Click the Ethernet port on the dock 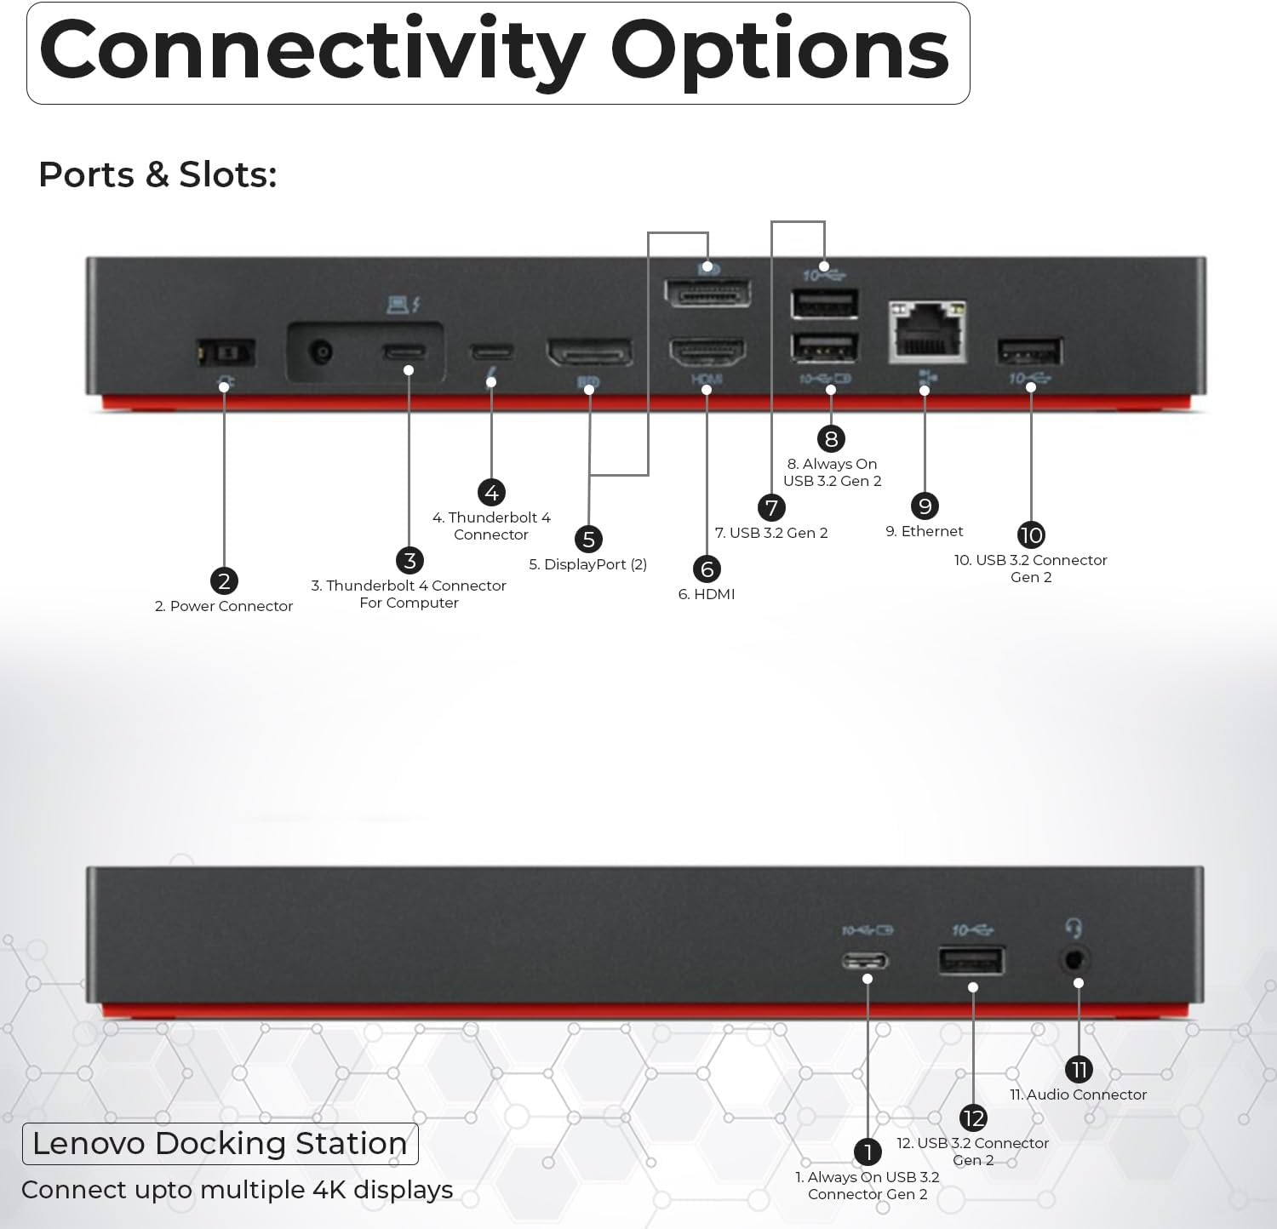click(927, 331)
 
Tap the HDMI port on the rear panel click(707, 352)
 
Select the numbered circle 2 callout click(224, 581)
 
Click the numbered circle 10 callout click(1031, 534)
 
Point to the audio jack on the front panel click(1076, 960)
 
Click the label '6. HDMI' click(707, 594)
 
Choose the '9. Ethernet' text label click(925, 531)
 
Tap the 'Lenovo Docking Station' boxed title click(220, 1143)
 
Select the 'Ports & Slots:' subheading click(158, 174)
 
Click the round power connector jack click(321, 351)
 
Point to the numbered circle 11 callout click(1079, 1070)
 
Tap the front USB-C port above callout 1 click(866, 962)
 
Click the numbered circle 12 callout click(973, 1118)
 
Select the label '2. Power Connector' click(224, 606)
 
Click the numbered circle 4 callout click(491, 492)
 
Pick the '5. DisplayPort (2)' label click(588, 564)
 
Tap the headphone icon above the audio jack click(1074, 928)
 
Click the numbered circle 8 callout click(832, 439)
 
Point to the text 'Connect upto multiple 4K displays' click(237, 1190)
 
